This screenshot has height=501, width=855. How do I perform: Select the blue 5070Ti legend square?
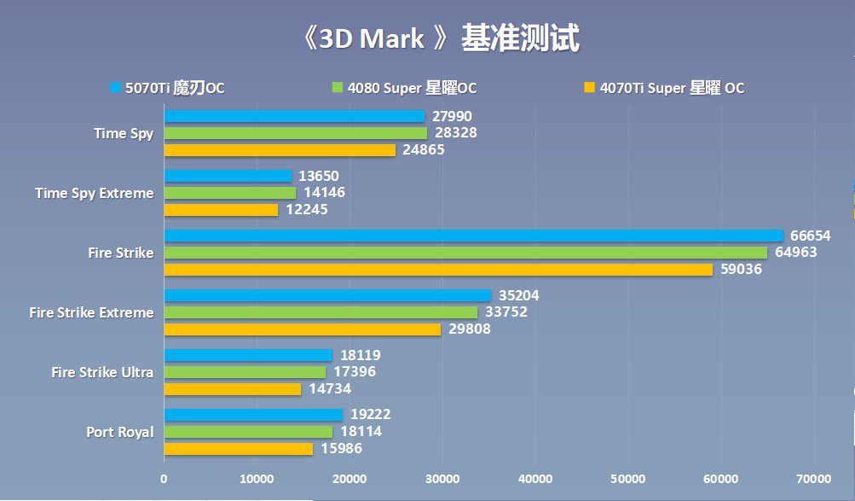click(x=115, y=87)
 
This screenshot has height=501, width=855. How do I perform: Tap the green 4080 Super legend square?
click(x=337, y=87)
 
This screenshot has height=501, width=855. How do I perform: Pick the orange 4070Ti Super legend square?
click(x=589, y=87)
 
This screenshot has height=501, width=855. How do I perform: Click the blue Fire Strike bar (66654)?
click(x=473, y=236)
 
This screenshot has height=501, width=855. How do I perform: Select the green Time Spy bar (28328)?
click(x=295, y=133)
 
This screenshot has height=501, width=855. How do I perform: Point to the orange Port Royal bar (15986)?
click(x=238, y=449)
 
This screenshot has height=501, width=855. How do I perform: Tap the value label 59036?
click(x=742, y=270)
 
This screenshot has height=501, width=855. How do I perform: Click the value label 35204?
click(x=518, y=295)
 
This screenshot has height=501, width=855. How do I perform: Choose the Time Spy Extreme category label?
click(x=95, y=193)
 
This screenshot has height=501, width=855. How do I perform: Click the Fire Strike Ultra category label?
click(x=102, y=372)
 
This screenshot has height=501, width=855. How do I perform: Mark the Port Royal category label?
click(x=120, y=432)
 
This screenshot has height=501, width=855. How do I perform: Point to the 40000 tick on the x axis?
click(x=535, y=480)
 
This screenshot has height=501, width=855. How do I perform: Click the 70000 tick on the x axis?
click(x=813, y=480)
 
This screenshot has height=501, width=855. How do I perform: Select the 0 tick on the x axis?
click(x=164, y=480)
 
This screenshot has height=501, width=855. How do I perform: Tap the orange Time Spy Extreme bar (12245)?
click(x=221, y=210)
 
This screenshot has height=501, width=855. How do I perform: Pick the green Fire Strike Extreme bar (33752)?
click(x=321, y=312)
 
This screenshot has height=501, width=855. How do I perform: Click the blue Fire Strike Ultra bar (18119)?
click(x=248, y=355)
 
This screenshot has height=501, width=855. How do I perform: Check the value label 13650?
click(x=319, y=176)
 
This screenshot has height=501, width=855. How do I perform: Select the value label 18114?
click(x=361, y=432)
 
